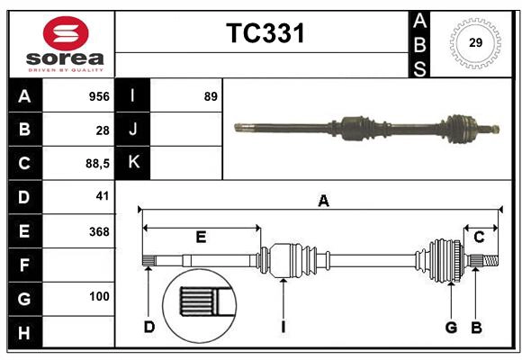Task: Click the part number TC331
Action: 265,33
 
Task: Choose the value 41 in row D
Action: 102,196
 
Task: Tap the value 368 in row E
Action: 98,230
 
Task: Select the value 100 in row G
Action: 98,296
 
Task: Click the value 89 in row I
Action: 211,96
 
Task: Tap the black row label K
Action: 132,163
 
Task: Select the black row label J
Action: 132,130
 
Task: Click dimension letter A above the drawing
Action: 322,201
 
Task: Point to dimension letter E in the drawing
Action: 201,237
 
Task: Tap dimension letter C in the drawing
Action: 479,237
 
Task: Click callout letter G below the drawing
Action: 451,327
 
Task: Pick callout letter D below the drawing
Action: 149,327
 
